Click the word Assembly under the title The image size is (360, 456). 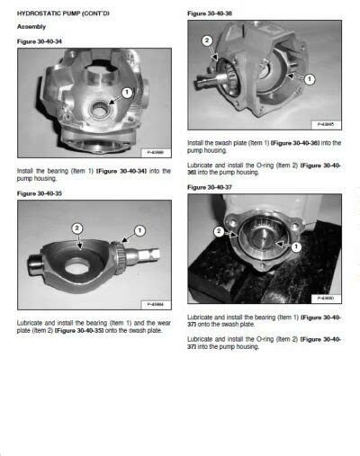tap(32, 28)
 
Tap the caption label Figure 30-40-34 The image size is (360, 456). tap(37, 41)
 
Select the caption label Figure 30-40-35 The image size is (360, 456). tap(37, 192)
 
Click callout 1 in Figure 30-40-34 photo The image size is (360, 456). tap(127, 93)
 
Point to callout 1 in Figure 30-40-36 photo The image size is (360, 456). tap(310, 79)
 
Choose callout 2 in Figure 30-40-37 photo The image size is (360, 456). tap(220, 231)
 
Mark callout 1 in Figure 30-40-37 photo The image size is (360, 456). tap(298, 246)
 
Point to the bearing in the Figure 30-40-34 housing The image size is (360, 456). tap(103, 107)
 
